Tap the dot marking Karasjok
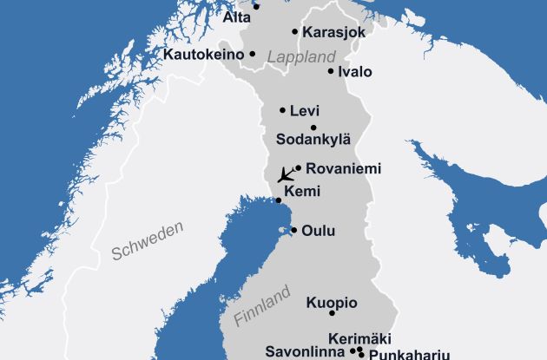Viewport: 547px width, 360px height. click(295, 32)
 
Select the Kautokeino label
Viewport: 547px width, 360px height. click(202, 54)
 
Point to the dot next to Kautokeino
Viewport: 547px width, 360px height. click(253, 54)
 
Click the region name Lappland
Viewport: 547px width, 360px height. click(301, 56)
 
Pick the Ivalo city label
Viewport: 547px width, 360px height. click(355, 72)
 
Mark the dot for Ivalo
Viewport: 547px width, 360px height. click(331, 71)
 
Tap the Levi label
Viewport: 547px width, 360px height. click(305, 111)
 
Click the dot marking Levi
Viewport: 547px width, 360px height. click(283, 110)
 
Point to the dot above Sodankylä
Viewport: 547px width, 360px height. click(313, 128)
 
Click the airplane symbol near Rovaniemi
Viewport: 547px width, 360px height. click(285, 173)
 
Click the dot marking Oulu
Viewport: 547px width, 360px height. click(294, 231)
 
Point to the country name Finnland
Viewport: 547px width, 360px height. click(261, 307)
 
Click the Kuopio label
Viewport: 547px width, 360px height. click(331, 303)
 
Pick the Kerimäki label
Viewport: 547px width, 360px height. click(360, 338)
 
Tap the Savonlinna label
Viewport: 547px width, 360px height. click(307, 353)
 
